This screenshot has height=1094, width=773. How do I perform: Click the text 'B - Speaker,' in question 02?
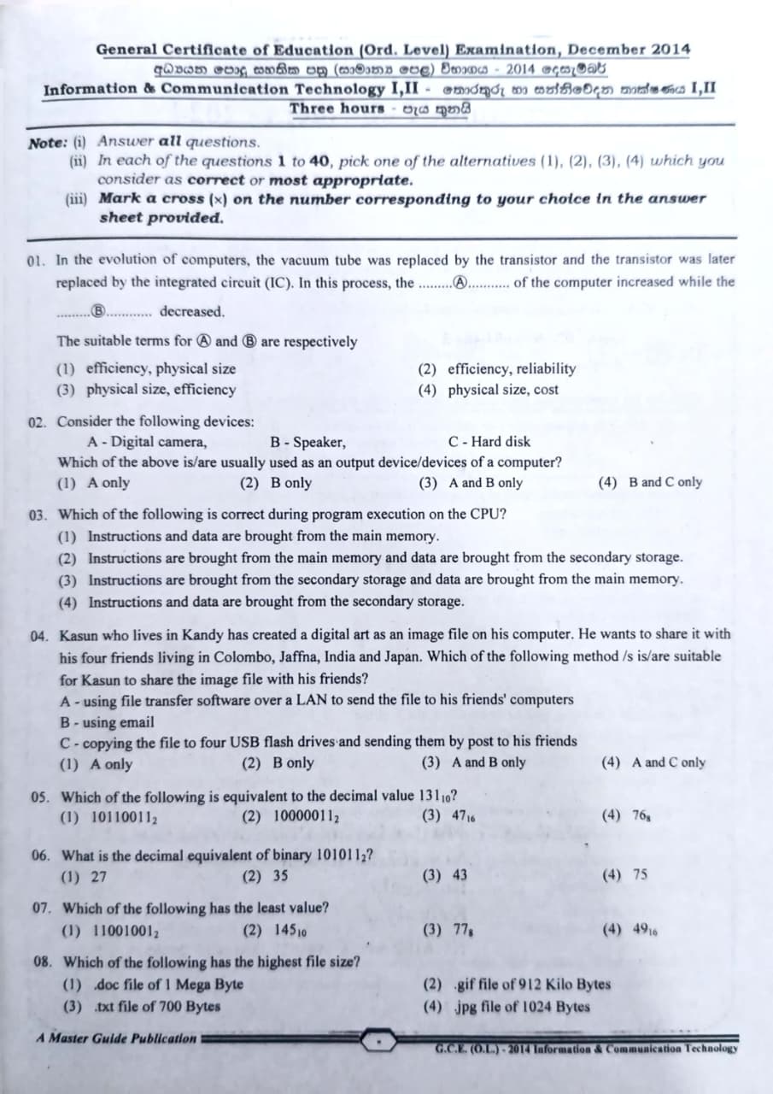tap(307, 442)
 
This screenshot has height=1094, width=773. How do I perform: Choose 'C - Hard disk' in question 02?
tap(489, 442)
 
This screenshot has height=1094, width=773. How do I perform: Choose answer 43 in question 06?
tap(459, 875)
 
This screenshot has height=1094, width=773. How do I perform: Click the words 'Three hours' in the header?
tap(337, 109)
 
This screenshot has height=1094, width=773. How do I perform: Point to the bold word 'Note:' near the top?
tap(46, 142)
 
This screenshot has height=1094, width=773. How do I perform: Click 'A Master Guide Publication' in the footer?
tap(116, 1038)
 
